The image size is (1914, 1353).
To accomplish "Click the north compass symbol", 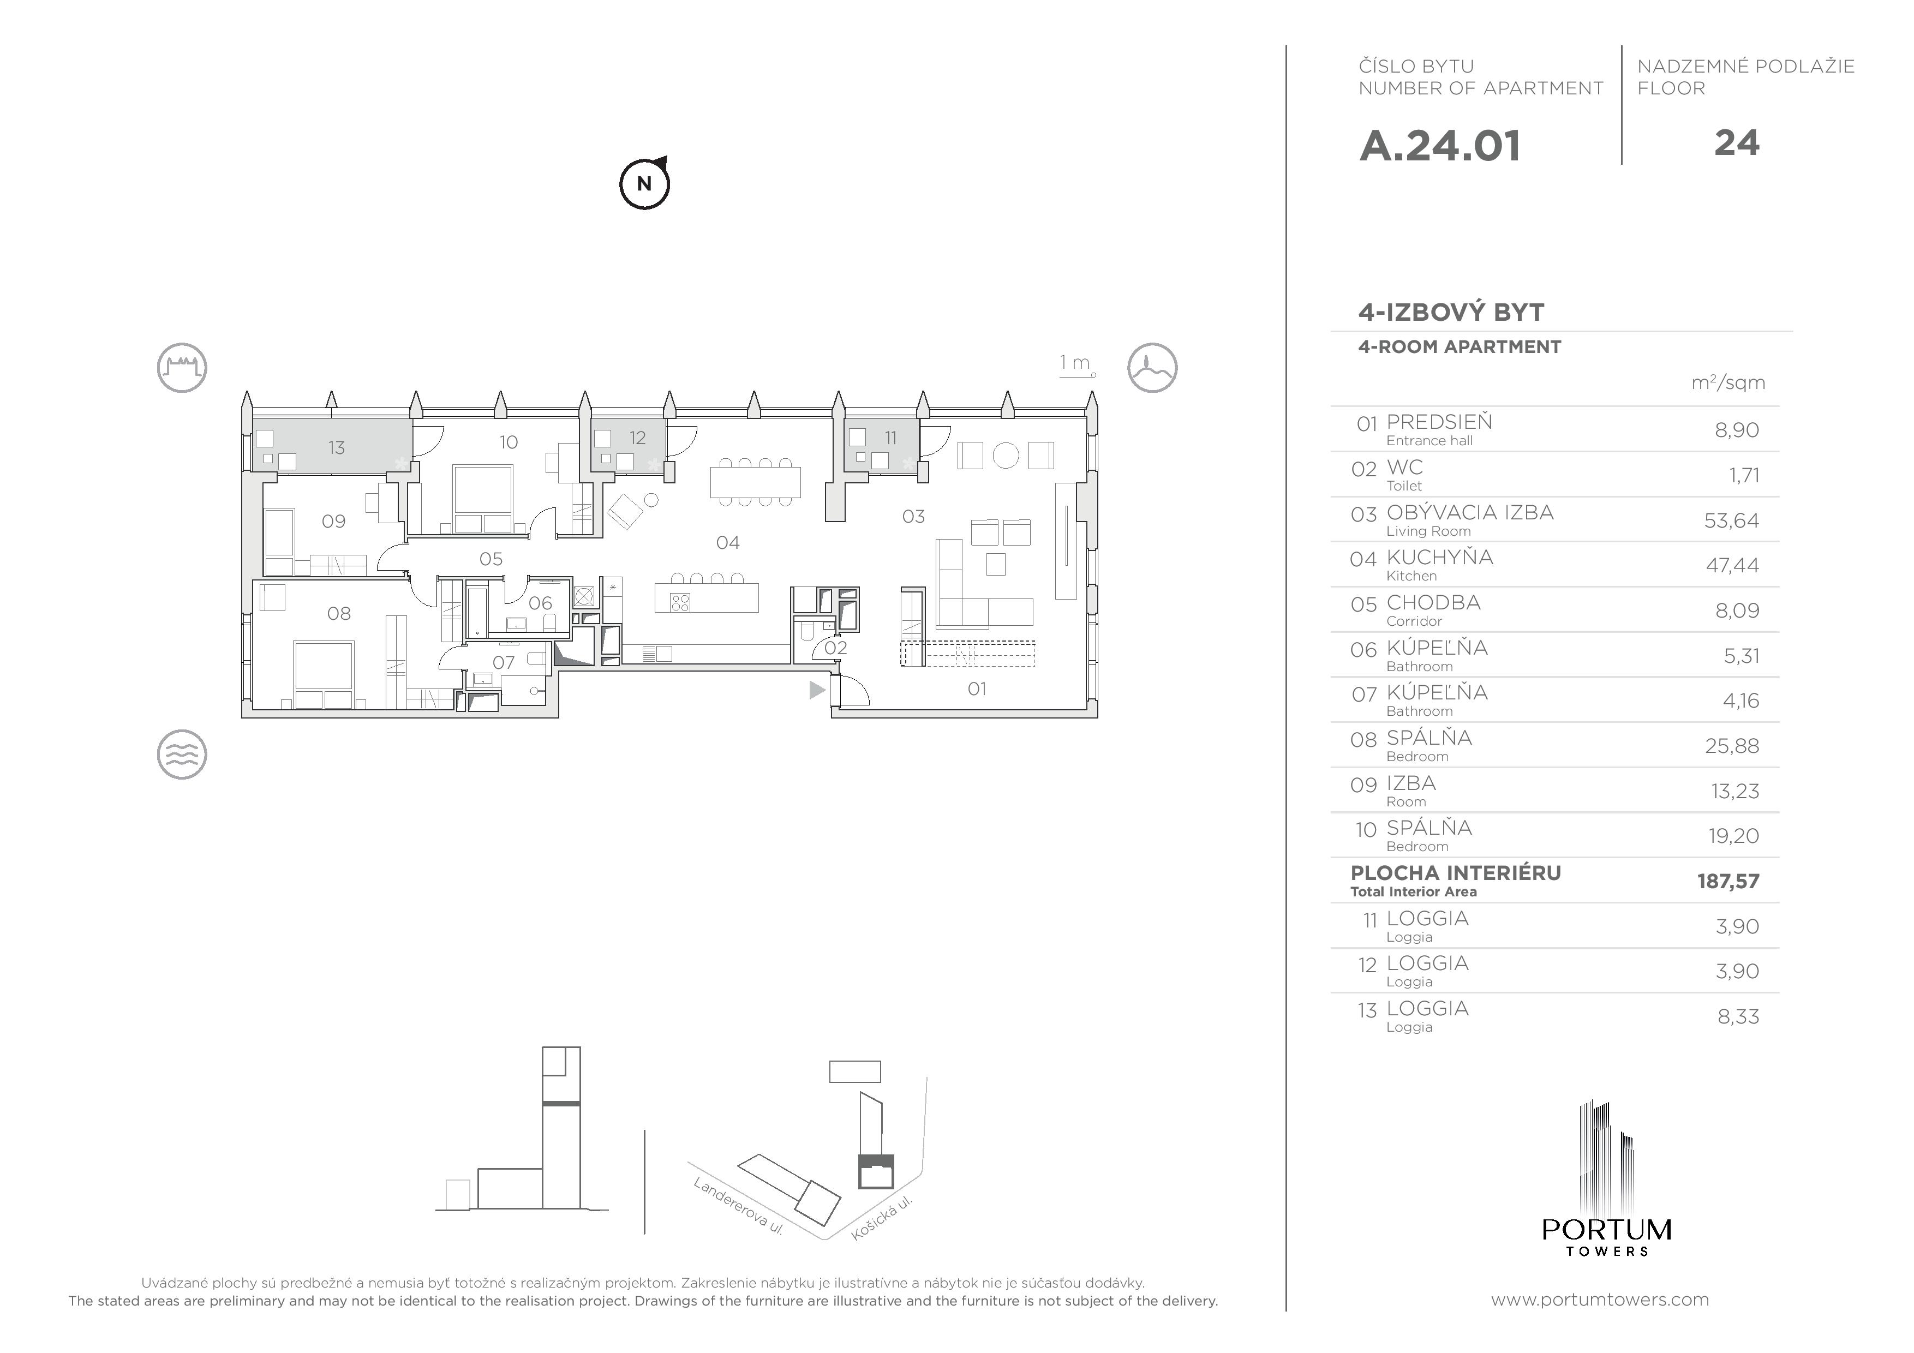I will tap(644, 183).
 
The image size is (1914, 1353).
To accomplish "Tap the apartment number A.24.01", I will tap(1440, 146).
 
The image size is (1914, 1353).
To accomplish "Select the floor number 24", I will tap(1737, 143).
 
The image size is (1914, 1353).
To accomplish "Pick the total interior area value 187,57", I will tap(1728, 881).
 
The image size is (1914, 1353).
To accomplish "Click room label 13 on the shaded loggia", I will tap(336, 448).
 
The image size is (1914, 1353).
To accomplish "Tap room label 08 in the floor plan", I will tap(338, 614).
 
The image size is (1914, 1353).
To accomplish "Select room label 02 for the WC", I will tap(835, 648).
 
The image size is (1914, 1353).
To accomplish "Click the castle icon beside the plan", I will tap(182, 368).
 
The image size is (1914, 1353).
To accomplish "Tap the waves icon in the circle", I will tap(182, 755).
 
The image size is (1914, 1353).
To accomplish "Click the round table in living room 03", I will tap(1006, 456).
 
